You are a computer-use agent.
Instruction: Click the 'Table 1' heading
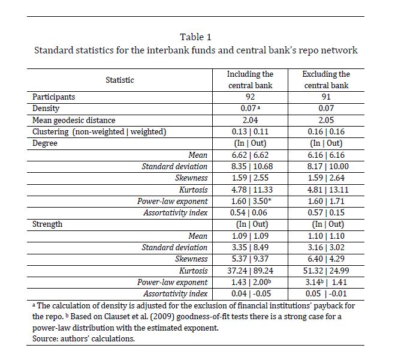[195, 37]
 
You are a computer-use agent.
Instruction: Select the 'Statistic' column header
[120, 80]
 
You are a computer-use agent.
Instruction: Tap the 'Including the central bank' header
[250, 80]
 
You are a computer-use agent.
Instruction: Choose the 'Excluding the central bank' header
[326, 80]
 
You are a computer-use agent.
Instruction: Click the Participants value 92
[250, 97]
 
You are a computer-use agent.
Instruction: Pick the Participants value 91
[326, 97]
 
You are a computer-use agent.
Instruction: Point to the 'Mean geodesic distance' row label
[74, 120]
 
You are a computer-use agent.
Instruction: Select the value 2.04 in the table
[250, 120]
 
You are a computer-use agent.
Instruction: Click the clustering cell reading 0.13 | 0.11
[250, 131]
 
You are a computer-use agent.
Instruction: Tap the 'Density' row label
[46, 109]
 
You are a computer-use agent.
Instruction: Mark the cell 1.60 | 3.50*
[250, 201]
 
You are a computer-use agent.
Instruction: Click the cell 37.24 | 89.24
[250, 271]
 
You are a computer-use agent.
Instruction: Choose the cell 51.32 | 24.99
[326, 271]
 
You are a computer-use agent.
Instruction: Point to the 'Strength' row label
[48, 224]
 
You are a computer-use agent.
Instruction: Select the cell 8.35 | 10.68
[250, 166]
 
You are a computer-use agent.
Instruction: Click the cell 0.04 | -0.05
[250, 293]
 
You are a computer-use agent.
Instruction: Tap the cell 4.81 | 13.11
[326, 190]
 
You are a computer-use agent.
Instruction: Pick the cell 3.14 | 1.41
[326, 282]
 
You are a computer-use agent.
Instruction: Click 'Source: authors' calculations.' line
[84, 338]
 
